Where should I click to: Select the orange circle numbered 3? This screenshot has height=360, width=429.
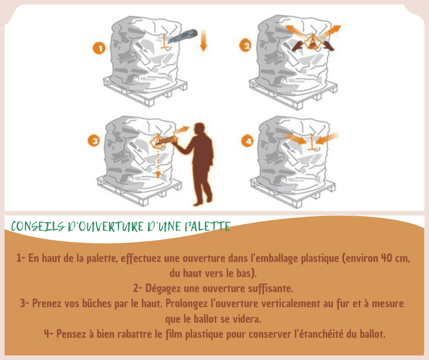click(94, 141)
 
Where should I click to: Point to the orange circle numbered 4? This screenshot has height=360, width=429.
click(248, 141)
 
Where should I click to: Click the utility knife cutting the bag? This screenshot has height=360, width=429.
click(183, 36)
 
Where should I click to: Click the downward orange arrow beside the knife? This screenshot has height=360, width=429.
click(203, 41)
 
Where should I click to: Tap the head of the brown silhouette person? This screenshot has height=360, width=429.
click(199, 130)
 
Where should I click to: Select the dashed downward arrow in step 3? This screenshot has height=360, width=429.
click(158, 162)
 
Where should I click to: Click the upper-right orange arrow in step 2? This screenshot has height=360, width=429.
click(332, 31)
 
